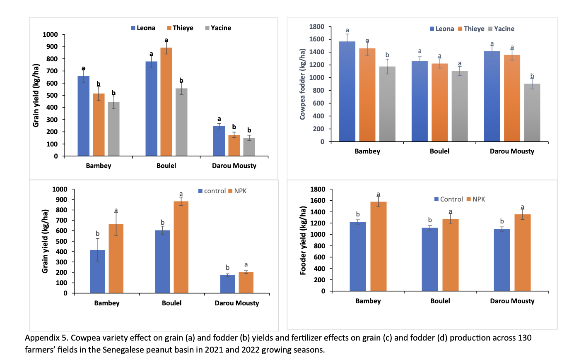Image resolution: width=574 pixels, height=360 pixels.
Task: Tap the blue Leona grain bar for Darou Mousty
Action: tap(219, 141)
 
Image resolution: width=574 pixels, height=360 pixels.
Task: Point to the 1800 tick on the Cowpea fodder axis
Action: tap(317, 27)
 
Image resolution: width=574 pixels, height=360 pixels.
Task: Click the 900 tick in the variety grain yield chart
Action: tap(52, 47)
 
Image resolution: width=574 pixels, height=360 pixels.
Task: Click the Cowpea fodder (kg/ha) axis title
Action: tap(302, 84)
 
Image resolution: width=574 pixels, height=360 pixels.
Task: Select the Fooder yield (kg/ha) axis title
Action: tap(303, 240)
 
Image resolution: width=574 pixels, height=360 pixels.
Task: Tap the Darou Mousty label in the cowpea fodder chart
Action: tap(512, 151)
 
